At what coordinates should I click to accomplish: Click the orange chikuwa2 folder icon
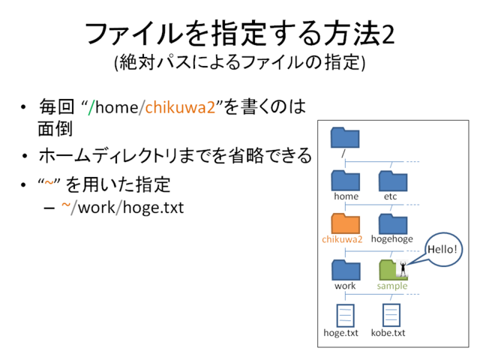click(x=345, y=223)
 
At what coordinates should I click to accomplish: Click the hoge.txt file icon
click(x=345, y=316)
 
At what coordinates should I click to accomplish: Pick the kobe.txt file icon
click(x=391, y=315)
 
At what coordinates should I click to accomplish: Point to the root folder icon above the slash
click(x=345, y=138)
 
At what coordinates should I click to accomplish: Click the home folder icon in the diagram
click(x=345, y=181)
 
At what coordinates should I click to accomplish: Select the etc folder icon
click(x=393, y=181)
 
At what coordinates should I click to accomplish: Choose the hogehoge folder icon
click(x=393, y=223)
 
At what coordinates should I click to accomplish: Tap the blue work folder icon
click(x=346, y=270)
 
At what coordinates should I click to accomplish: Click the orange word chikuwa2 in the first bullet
click(x=180, y=107)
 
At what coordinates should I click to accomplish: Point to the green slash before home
click(x=91, y=108)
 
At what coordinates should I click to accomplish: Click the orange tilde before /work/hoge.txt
click(x=66, y=205)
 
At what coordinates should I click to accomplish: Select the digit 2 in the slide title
click(x=388, y=34)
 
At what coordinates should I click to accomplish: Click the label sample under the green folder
click(x=392, y=286)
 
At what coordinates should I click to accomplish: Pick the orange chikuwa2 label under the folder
click(x=342, y=239)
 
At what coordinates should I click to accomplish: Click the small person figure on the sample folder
click(x=403, y=268)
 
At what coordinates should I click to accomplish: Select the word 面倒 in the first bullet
click(x=55, y=128)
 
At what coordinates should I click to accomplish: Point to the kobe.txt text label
click(x=388, y=333)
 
